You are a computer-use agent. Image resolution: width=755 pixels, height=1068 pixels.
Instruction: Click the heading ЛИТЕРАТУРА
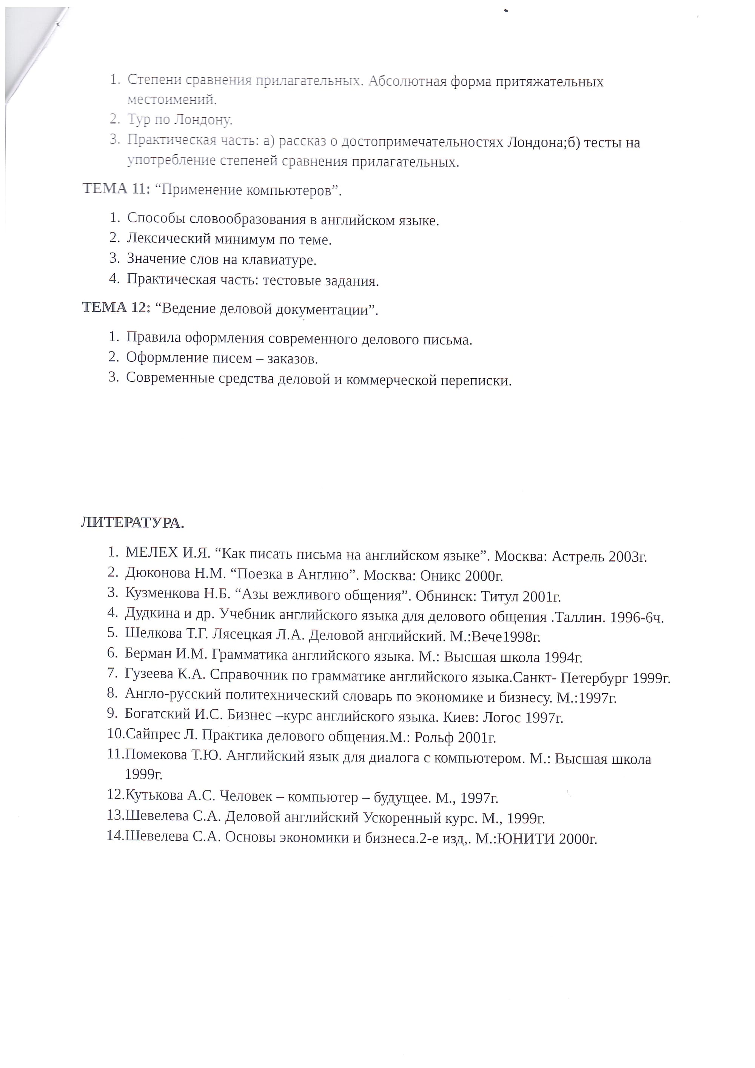pos(132,523)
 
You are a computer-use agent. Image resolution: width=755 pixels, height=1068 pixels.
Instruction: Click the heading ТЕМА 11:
pos(116,189)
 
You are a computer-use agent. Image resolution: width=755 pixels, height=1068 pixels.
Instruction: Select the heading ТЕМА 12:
pos(116,307)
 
